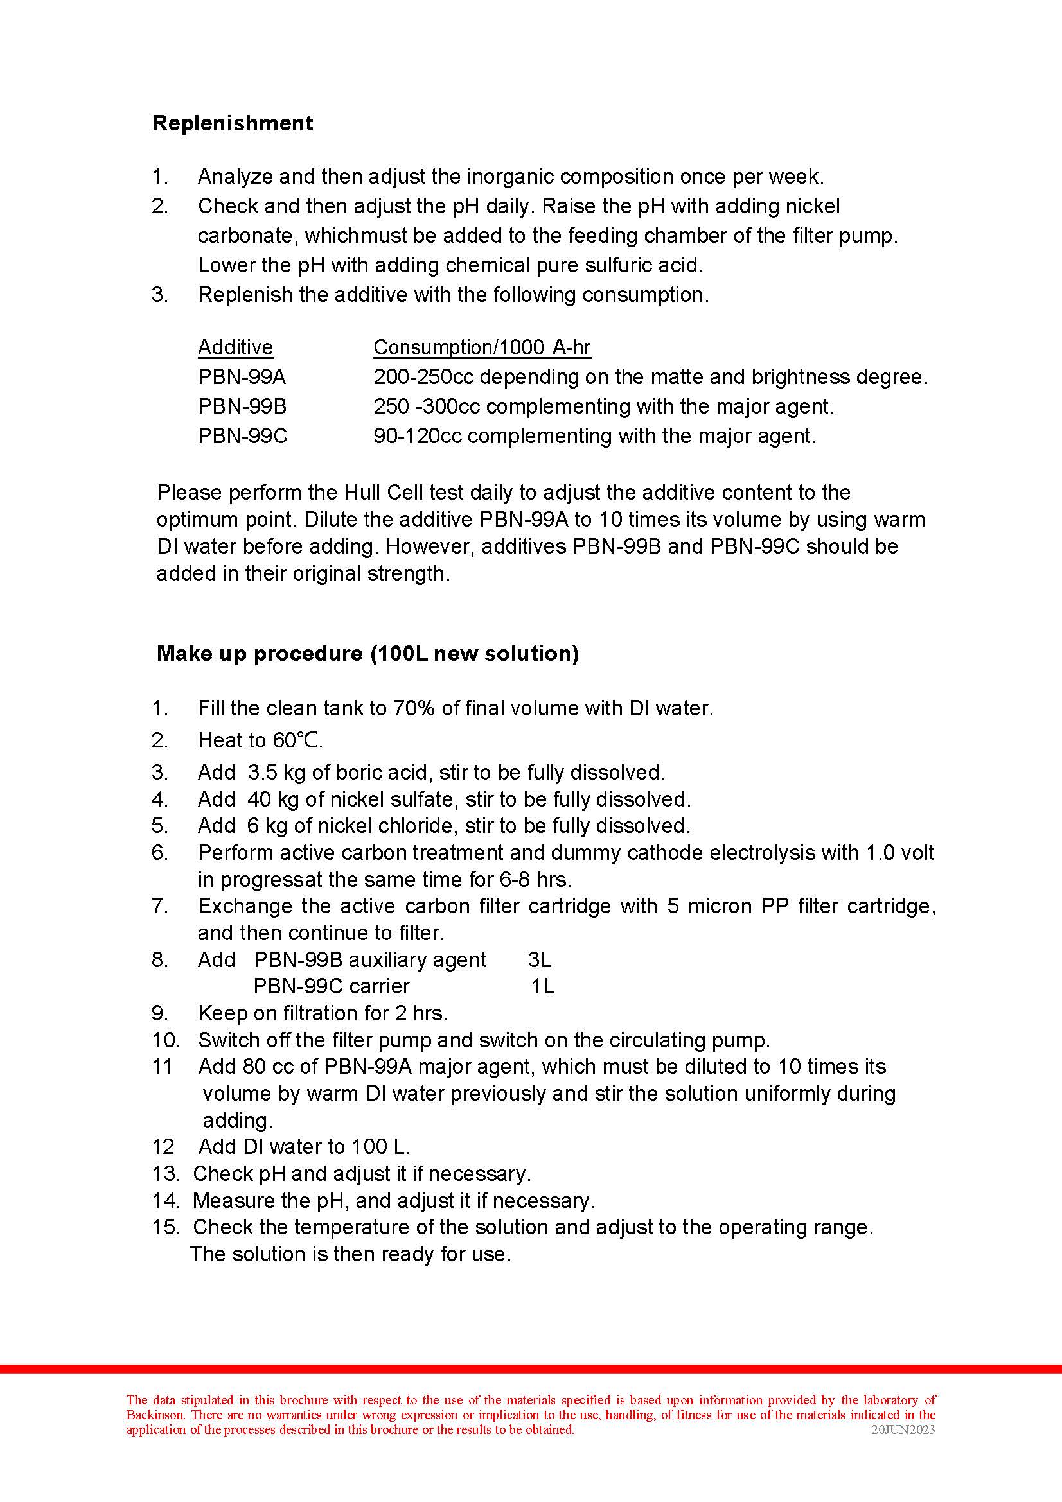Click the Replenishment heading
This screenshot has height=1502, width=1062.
tap(233, 123)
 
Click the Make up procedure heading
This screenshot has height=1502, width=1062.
tap(367, 654)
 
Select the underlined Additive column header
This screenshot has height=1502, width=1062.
tap(236, 347)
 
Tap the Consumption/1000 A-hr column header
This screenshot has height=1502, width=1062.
tap(482, 347)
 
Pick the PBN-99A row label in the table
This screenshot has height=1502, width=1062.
tap(242, 377)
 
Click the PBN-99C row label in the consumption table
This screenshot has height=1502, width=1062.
tap(243, 435)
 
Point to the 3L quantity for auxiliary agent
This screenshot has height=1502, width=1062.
tap(540, 959)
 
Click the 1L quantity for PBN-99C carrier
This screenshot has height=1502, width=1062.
tap(543, 986)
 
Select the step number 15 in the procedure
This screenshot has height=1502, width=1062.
tap(165, 1227)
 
